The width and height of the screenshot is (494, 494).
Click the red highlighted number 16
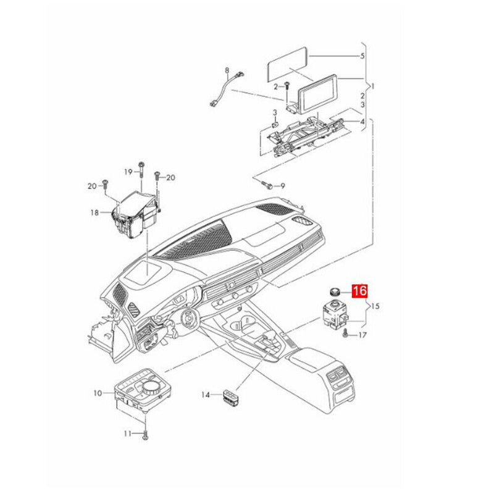coord(360,291)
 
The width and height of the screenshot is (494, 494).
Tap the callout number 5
coord(362,56)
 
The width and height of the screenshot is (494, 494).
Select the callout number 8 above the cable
coord(227,70)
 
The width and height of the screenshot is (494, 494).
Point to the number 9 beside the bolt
coord(283,186)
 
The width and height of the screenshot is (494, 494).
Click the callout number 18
coord(94,212)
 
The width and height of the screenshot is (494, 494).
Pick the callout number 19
coord(128,172)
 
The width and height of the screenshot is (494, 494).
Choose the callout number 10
coord(98,393)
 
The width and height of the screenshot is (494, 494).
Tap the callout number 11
coord(127,434)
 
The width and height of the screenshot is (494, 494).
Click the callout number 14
coord(206,395)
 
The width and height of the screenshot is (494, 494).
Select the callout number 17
coord(362,335)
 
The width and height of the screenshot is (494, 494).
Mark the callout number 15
coord(375,306)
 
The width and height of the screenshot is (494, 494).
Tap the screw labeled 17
coord(346,333)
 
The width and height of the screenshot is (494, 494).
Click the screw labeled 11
coord(145,435)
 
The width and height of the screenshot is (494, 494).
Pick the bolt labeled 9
coord(266,184)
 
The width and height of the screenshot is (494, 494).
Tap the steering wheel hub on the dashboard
coord(189,319)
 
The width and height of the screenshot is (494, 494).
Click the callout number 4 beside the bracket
coord(362,122)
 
